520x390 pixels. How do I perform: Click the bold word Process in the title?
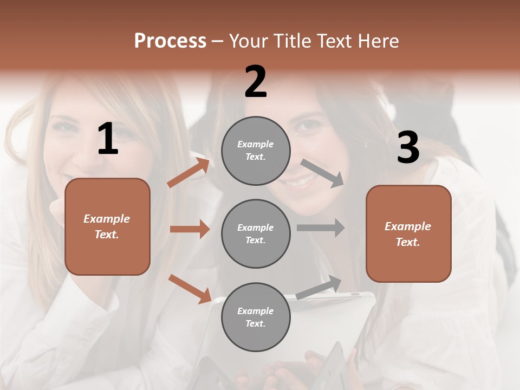tap(170, 41)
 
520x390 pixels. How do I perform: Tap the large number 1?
tap(108, 139)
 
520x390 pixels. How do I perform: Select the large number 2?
tap(256, 82)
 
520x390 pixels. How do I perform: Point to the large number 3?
tap(408, 148)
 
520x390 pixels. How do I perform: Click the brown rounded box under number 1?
tap(107, 226)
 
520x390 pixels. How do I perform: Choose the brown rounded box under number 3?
tap(408, 233)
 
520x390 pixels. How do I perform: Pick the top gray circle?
tap(256, 151)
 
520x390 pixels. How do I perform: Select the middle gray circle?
tap(256, 233)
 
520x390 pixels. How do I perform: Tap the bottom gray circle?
tap(256, 317)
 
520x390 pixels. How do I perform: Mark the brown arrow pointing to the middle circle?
tap(190, 229)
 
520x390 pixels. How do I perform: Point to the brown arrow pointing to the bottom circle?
tap(190, 288)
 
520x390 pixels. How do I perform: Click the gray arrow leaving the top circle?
tap(322, 173)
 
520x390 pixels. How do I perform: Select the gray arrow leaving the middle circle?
tap(321, 227)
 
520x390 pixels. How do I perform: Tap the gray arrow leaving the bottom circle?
tap(319, 287)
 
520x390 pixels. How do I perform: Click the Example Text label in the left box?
tap(107, 226)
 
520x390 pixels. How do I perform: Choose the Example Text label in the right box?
tap(408, 234)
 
